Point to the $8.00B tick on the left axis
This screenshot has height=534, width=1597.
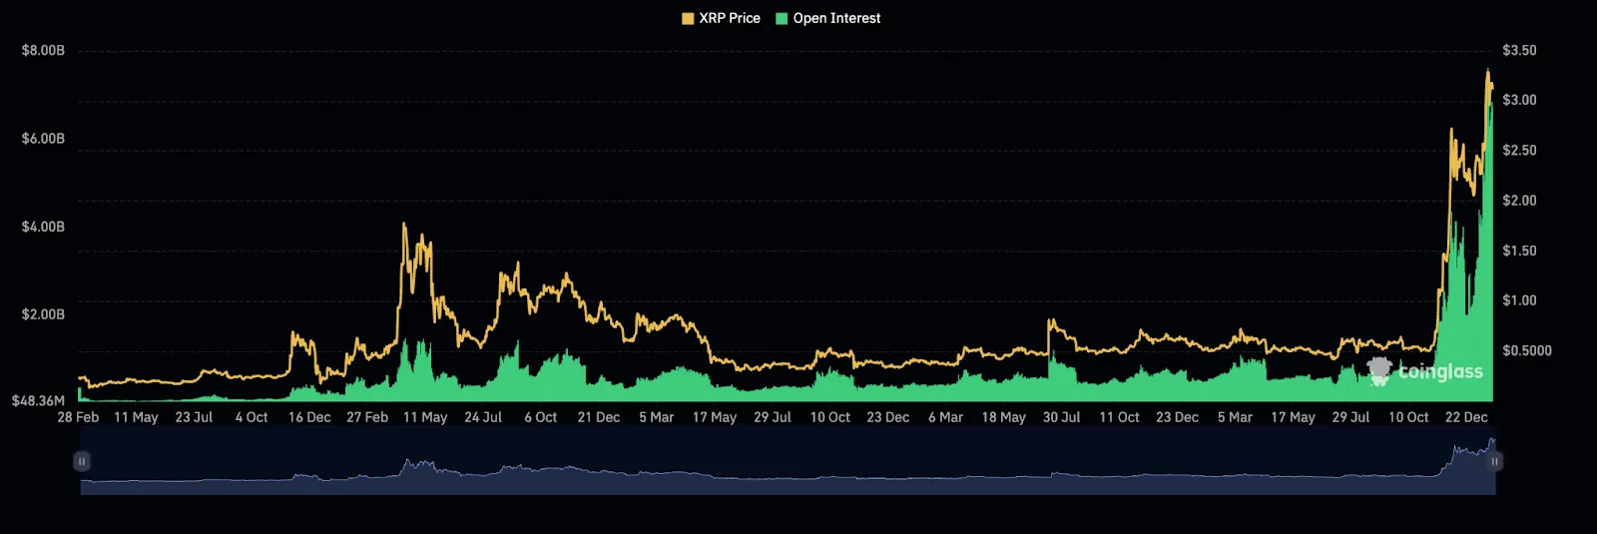[x=43, y=50]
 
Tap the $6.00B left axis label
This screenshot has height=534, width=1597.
[x=43, y=138]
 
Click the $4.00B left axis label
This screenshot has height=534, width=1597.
[x=43, y=227]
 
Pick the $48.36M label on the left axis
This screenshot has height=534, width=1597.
[x=38, y=401]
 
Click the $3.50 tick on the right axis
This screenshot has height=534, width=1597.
[x=1519, y=50]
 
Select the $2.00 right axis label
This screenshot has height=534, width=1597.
[x=1519, y=201]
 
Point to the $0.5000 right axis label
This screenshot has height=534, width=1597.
[x=1527, y=350]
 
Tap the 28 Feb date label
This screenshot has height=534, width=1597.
[x=78, y=417]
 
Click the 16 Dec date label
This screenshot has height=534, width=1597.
[x=309, y=417]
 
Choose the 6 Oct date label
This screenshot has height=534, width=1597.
[x=541, y=417]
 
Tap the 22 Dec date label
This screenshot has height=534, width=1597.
[x=1466, y=417]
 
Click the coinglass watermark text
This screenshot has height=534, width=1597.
[x=1439, y=371]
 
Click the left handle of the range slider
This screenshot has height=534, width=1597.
[x=82, y=461]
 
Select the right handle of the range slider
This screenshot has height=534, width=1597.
[x=1494, y=461]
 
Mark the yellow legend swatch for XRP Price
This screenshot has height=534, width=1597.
[x=688, y=18]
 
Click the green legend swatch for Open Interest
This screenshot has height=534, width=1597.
[x=782, y=18]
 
